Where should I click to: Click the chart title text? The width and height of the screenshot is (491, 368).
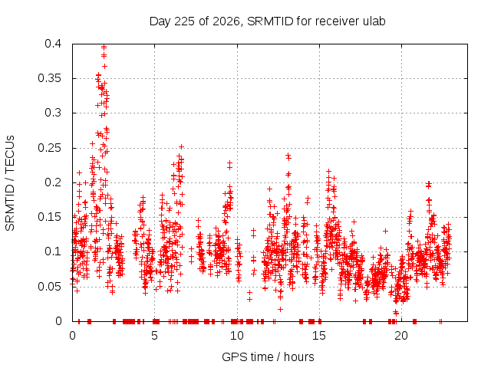pos(267,21)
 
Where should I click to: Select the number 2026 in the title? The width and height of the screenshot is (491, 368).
pos(226,21)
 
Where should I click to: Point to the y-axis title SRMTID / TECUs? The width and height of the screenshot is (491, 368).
pos(10,183)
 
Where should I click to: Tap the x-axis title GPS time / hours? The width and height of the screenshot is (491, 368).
pos(268,356)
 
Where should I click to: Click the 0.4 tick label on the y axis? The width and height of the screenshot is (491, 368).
pos(53,44)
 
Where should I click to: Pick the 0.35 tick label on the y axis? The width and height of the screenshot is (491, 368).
pos(50,78)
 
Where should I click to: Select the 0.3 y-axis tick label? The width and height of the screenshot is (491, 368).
pos(53,113)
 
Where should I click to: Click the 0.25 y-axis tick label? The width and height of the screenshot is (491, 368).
pos(50,148)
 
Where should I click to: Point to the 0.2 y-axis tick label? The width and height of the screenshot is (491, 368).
pos(53,182)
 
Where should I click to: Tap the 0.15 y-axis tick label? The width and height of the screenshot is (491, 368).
pos(50,217)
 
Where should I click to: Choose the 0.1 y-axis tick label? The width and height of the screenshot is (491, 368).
pos(53,251)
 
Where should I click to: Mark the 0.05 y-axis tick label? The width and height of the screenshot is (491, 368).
pos(50,286)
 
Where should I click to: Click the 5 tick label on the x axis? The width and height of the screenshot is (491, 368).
pos(154,336)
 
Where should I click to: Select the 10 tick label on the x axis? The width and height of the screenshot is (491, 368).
pos(237,336)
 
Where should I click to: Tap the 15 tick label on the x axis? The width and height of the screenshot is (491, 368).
pos(319,336)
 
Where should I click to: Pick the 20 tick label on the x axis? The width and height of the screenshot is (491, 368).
pos(401,336)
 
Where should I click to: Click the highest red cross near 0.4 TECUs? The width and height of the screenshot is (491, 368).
pos(104,47)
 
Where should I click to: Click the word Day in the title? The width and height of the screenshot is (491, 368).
pos(160,21)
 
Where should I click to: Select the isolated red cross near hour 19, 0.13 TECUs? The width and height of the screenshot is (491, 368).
pos(385,231)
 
